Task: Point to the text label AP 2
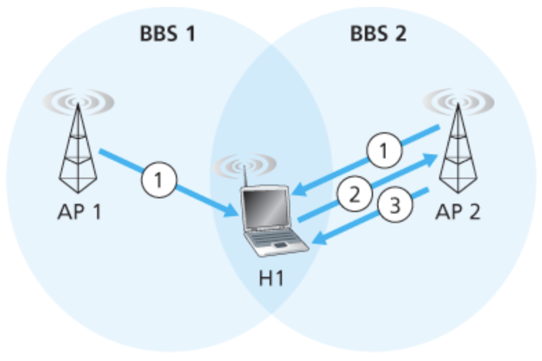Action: [458, 210]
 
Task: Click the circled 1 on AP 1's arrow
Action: [159, 181]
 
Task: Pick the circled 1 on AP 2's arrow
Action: [385, 153]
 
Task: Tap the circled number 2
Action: [353, 193]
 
